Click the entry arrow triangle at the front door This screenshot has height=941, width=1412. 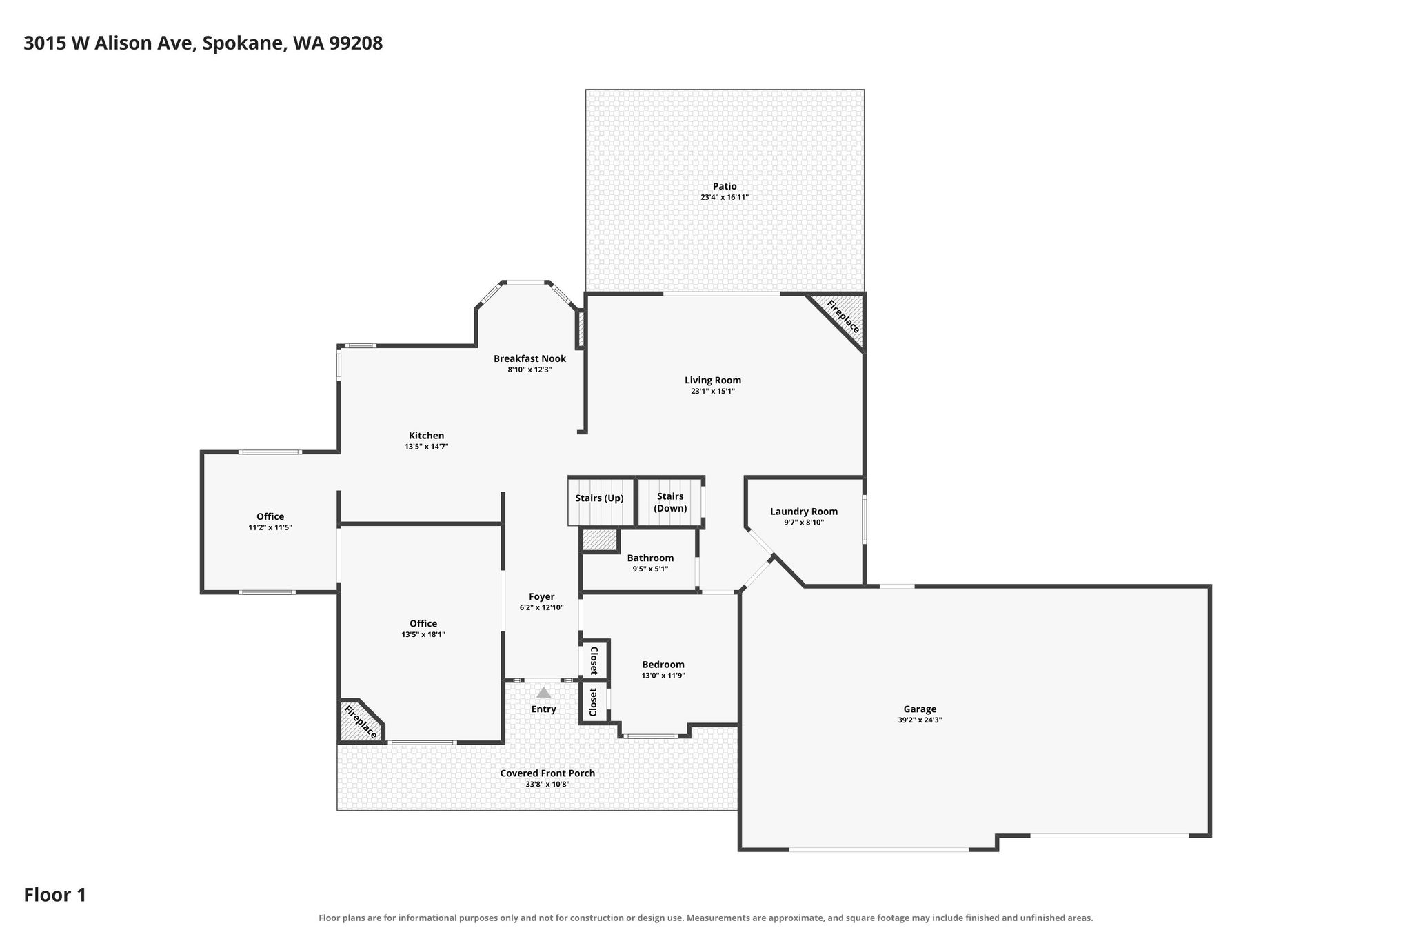[x=544, y=692]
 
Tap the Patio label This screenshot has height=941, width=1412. [x=725, y=186]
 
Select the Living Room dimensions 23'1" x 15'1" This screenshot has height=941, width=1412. [x=713, y=391]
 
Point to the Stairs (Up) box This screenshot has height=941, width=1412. [x=601, y=500]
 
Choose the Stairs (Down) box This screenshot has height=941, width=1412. [x=669, y=502]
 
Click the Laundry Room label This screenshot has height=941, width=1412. [x=804, y=512]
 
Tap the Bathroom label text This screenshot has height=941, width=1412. [x=650, y=558]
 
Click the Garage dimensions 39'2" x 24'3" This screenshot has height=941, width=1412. [x=920, y=720]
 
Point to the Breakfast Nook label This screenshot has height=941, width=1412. [x=529, y=358]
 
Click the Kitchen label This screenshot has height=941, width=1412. [x=427, y=436]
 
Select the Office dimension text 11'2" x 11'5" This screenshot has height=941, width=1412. [x=270, y=527]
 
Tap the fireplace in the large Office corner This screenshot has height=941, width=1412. [x=361, y=721]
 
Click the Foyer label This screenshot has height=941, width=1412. [x=542, y=596]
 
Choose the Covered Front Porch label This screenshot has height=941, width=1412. [x=547, y=773]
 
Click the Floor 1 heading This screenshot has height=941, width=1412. [x=55, y=895]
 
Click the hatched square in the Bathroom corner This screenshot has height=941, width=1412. [x=599, y=540]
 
